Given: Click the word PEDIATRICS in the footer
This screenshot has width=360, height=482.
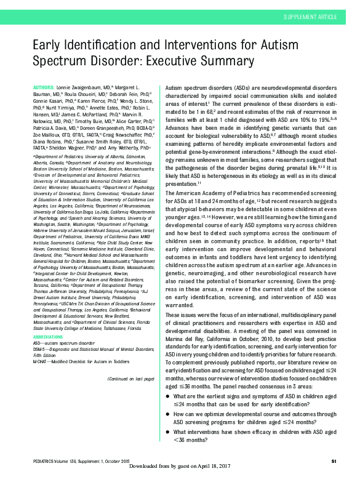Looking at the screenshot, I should click(44, 462).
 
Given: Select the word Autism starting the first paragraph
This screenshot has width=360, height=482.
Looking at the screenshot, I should click(175, 88).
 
